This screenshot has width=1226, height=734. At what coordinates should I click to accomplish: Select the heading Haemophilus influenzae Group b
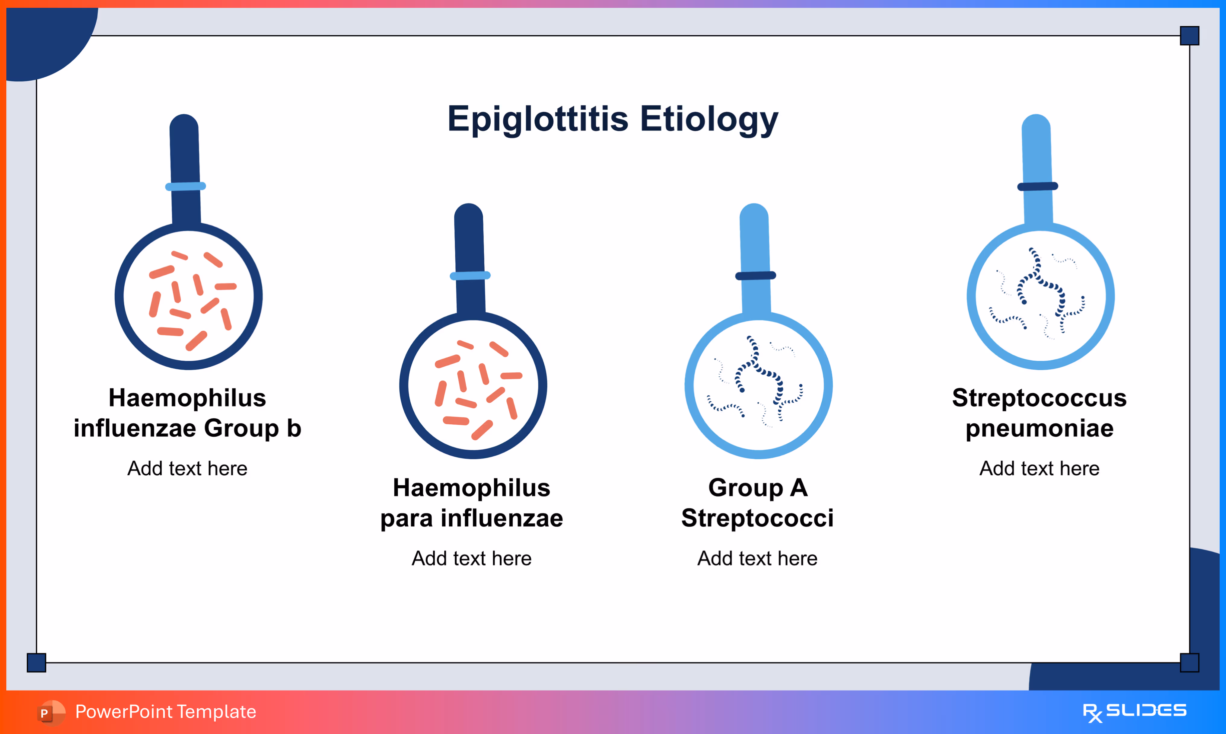click(187, 413)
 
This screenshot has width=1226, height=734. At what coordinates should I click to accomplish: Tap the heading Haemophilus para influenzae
click(472, 503)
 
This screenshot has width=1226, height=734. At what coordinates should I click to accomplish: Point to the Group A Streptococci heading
click(757, 503)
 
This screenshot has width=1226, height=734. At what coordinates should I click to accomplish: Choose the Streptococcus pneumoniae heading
click(1039, 413)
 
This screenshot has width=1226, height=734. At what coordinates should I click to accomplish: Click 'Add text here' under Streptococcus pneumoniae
click(1039, 468)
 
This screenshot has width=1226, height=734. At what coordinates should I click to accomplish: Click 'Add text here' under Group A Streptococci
click(757, 558)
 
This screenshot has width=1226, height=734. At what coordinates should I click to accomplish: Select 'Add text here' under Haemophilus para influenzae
click(472, 558)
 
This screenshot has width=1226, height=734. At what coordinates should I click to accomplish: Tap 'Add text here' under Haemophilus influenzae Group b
click(187, 468)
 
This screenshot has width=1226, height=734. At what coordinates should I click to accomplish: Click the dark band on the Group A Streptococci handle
click(755, 276)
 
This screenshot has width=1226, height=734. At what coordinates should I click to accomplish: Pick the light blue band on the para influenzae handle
click(470, 276)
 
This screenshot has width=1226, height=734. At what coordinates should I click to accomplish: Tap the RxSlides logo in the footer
click(1135, 712)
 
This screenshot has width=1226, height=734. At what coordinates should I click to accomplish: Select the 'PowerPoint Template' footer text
click(166, 712)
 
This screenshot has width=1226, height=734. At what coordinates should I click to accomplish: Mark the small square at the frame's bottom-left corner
click(37, 662)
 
